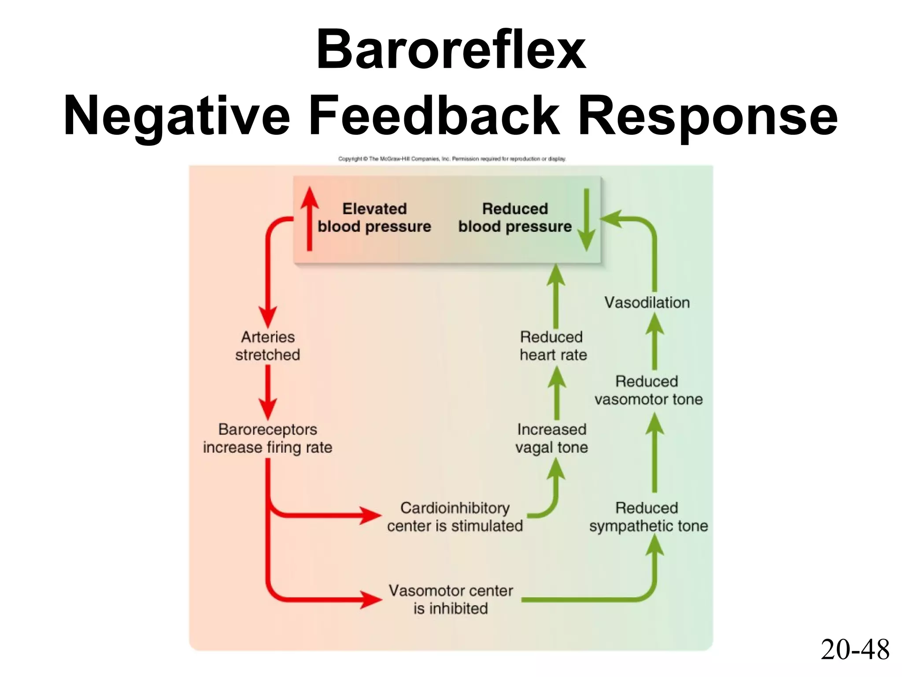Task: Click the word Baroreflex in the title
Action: point(451,49)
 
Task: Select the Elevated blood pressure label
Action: point(374,217)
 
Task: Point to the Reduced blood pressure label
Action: point(515,217)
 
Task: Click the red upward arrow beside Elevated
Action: point(310,218)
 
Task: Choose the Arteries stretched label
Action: point(268,346)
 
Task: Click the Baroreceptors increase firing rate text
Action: point(268,438)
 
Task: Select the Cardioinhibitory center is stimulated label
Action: point(455,517)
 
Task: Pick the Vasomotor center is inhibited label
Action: point(451,599)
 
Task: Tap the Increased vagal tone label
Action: point(551,438)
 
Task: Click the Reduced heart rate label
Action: point(553,346)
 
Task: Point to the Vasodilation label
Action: point(647,302)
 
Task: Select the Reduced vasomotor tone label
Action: point(648,390)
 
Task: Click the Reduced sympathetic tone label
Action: point(648,517)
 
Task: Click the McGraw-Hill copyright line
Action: point(452,159)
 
